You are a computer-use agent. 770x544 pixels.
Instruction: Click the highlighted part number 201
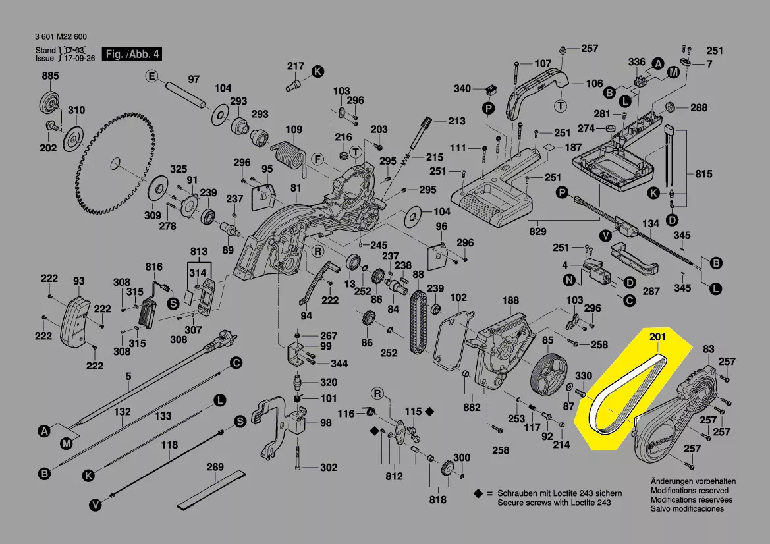point(658,337)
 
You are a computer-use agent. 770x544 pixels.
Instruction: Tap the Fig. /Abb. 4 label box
point(132,54)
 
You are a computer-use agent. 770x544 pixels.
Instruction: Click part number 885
point(51,77)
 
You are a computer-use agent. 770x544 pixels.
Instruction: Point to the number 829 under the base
point(538,232)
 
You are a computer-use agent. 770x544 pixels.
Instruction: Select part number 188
point(510,300)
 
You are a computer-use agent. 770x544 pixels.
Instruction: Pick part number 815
point(703,174)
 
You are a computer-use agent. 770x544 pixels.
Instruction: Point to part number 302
point(328,468)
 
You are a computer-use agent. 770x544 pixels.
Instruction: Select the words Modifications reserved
point(690,491)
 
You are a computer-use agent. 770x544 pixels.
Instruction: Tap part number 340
point(462,89)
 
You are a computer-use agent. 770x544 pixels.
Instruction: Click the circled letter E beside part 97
point(151,76)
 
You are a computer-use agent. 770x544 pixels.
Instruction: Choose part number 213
point(456,121)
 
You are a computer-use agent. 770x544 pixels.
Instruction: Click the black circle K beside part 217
point(317,71)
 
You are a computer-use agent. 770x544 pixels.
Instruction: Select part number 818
point(437,500)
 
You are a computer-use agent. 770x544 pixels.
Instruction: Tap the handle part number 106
point(594,84)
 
